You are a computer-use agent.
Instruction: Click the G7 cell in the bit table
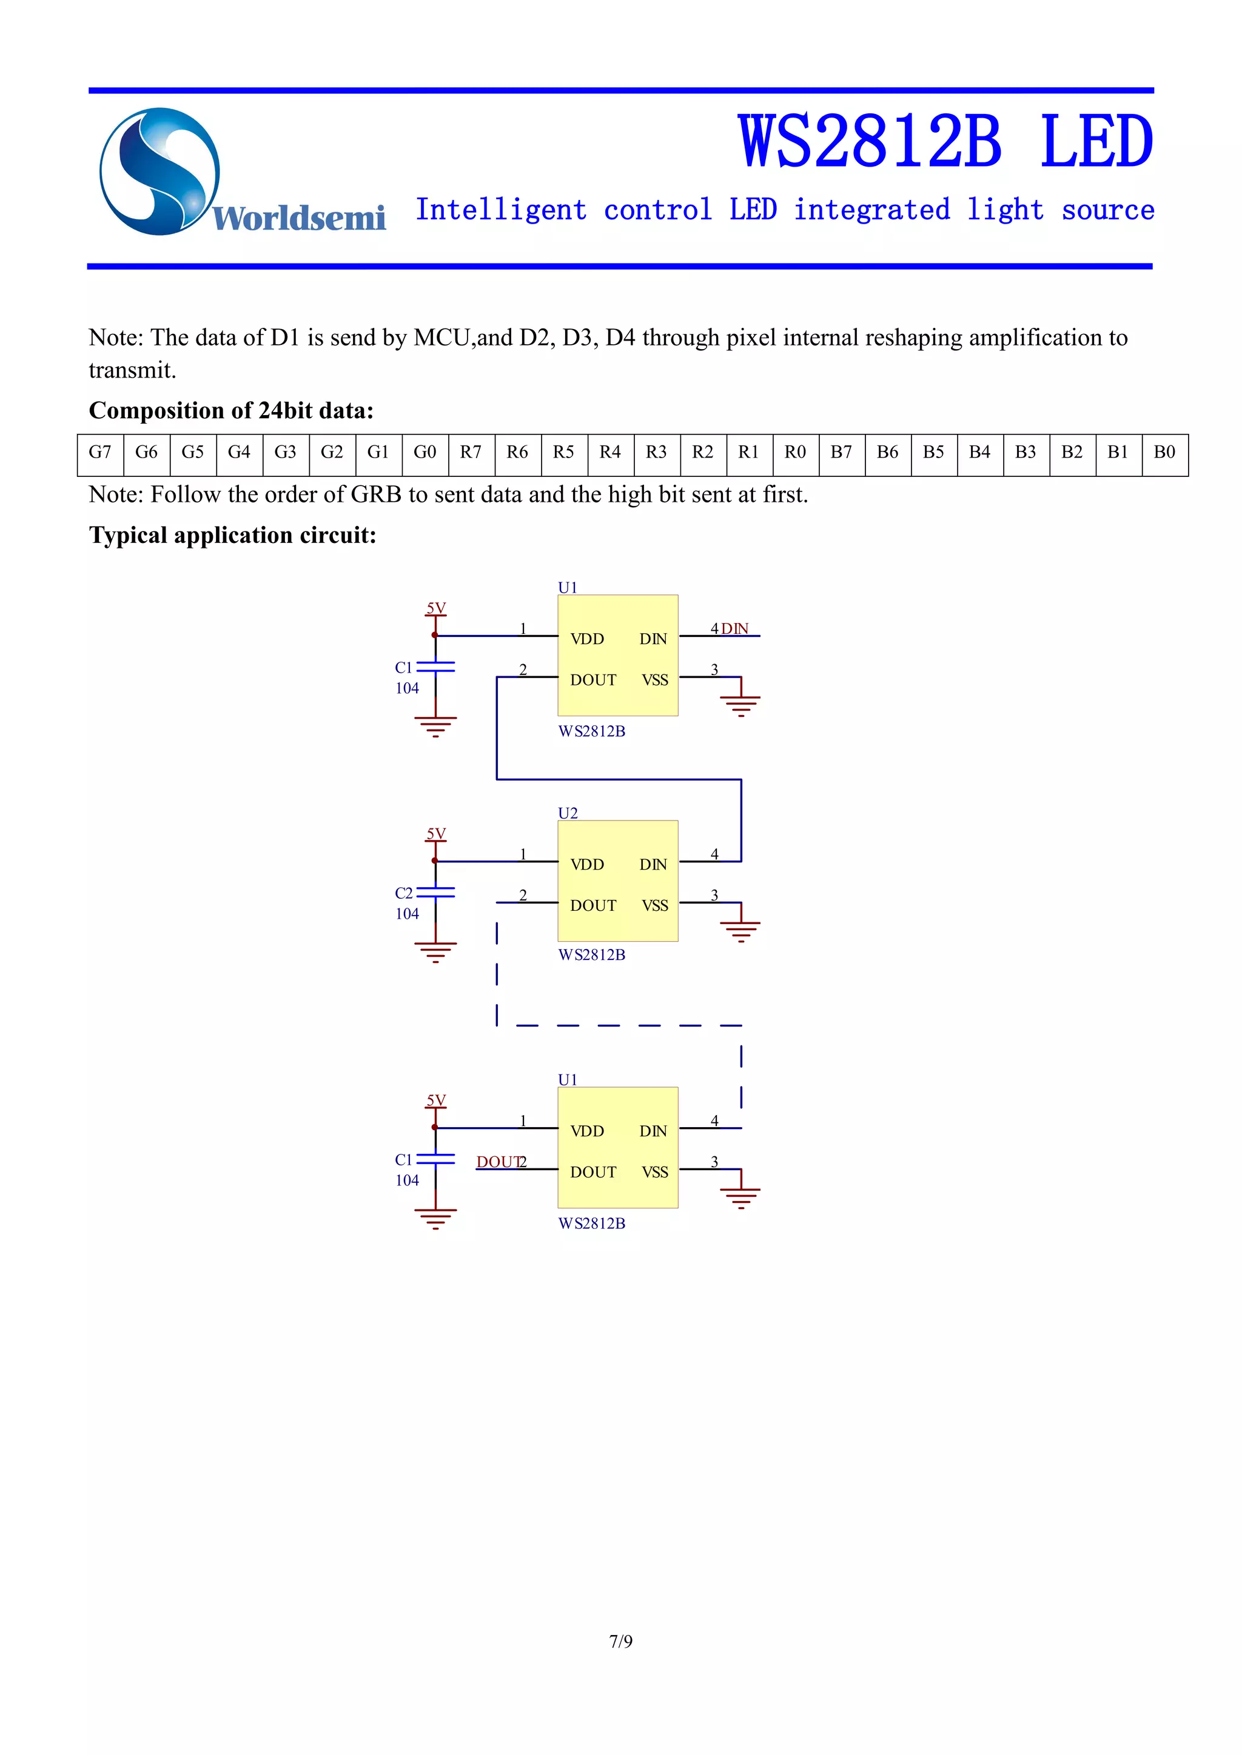click(100, 453)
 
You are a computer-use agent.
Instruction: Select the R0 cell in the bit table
click(796, 453)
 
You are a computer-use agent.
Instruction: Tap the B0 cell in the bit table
click(1164, 453)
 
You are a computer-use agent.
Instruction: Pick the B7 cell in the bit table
click(841, 453)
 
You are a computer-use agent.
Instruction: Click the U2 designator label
click(568, 813)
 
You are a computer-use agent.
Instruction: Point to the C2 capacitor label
click(404, 893)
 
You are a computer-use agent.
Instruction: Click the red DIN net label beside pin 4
click(735, 628)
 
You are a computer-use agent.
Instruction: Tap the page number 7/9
click(620, 1641)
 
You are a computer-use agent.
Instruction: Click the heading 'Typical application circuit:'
click(232, 535)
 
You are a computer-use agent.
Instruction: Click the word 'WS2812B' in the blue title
click(870, 142)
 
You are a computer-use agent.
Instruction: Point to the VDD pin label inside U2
click(588, 865)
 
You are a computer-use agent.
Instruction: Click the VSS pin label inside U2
click(654, 906)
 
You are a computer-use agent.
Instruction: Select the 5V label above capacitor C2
click(436, 833)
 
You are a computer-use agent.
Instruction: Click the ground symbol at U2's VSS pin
click(740, 930)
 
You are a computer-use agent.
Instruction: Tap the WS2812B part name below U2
click(592, 954)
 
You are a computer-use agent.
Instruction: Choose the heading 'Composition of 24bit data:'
click(231, 410)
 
